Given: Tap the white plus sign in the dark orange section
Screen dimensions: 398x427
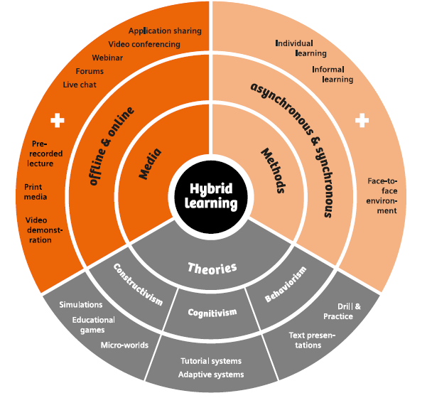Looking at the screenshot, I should point(58,121).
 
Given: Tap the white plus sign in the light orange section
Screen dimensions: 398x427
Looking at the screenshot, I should point(362,121).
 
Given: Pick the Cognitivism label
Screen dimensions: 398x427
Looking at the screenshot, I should point(211,313).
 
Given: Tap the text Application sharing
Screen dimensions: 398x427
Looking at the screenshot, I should point(165,31).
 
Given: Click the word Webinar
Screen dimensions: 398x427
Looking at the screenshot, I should point(107,58).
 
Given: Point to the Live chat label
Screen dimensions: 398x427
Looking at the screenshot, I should point(80,85).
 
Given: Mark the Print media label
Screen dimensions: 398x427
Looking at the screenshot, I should point(36,192).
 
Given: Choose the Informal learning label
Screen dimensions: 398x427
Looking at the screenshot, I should point(332,75).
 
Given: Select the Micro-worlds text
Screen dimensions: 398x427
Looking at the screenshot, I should point(124,345).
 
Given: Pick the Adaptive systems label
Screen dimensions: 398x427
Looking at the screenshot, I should point(211,375).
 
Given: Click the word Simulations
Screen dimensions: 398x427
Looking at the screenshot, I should point(81,305).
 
